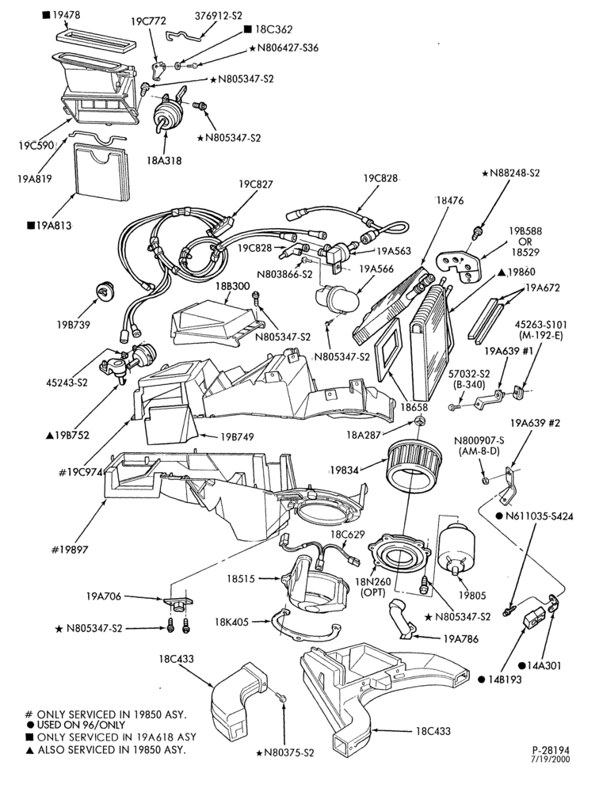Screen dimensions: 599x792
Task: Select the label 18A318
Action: (x=164, y=161)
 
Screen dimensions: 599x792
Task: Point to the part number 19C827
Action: (x=256, y=184)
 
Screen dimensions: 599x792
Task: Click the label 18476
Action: (x=449, y=200)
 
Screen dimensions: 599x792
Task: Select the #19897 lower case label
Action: (x=70, y=550)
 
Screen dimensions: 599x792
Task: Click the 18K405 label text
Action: (x=231, y=622)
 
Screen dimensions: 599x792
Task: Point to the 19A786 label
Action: (x=460, y=639)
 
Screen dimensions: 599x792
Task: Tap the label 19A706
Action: (x=104, y=596)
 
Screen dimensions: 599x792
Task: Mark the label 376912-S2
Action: (x=219, y=16)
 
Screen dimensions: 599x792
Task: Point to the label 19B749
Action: (x=237, y=437)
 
